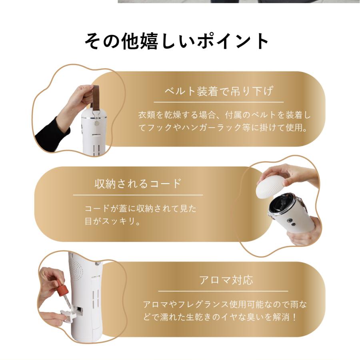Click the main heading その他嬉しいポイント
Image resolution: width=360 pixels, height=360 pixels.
(176, 42)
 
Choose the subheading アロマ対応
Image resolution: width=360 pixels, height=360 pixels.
(226, 280)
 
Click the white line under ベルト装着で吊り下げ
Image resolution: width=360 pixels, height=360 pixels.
(218, 102)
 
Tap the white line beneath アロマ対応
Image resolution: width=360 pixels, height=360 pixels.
(223, 291)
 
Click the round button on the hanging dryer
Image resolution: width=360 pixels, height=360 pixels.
(96, 124)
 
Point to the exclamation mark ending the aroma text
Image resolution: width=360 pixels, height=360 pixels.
(295, 318)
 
